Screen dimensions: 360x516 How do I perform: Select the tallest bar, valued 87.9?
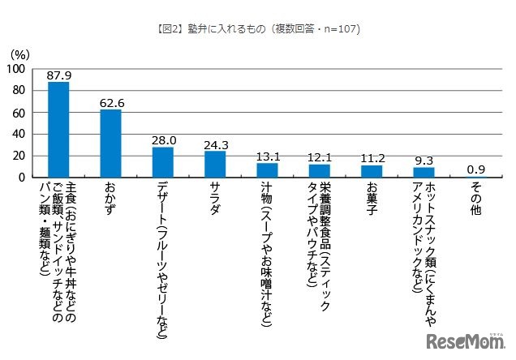click(x=58, y=130)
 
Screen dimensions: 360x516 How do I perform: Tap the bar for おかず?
click(x=110, y=143)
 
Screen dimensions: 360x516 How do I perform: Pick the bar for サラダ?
click(x=215, y=164)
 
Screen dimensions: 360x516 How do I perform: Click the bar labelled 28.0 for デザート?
click(x=163, y=161)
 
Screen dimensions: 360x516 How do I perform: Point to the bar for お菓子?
click(x=372, y=170)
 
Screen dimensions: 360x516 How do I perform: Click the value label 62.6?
click(x=110, y=101)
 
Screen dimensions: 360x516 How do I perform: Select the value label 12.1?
click(x=320, y=156)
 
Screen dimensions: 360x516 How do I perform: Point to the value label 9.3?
click(x=424, y=159)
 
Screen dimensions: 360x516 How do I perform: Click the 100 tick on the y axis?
click(x=15, y=71)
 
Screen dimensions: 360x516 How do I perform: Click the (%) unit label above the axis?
click(x=19, y=54)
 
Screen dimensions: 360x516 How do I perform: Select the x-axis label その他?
click(x=475, y=199)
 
